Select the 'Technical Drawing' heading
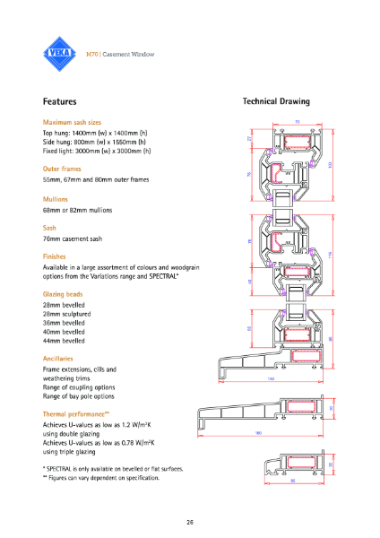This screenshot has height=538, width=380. pyautogui.click(x=276, y=102)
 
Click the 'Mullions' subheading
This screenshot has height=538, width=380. pyautogui.click(x=56, y=198)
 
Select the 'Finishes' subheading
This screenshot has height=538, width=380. pyautogui.click(x=56, y=256)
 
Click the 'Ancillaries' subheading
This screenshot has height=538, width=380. pyautogui.click(x=61, y=359)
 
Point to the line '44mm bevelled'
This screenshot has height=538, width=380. pyautogui.click(x=65, y=341)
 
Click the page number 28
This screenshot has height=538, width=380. pyautogui.click(x=190, y=521)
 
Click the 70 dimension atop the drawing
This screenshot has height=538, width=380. pyautogui.click(x=297, y=123)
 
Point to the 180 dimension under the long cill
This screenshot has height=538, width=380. pyautogui.click(x=258, y=434)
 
